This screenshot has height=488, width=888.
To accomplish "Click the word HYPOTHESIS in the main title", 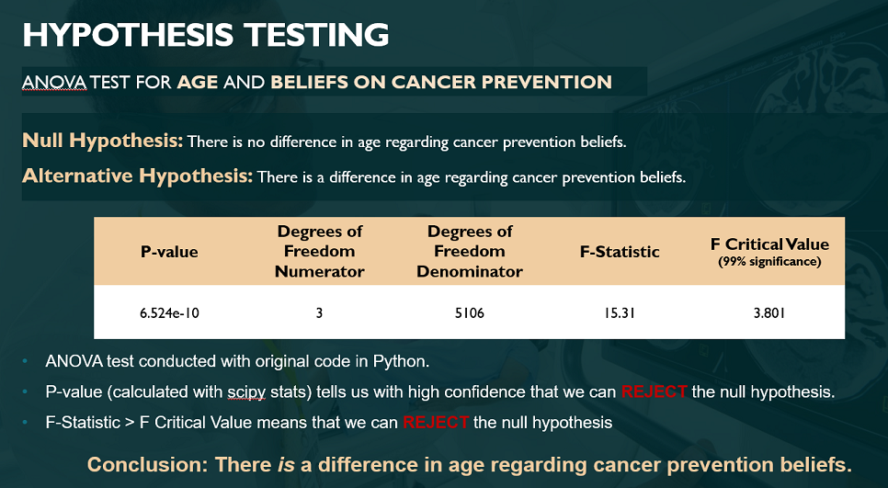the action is [128, 35].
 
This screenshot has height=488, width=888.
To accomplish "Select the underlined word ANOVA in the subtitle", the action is [54, 82].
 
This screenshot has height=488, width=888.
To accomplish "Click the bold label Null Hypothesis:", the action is [103, 141].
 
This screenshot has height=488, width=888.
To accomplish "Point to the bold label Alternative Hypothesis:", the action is [137, 176].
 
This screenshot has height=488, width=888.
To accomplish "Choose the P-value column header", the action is [169, 252].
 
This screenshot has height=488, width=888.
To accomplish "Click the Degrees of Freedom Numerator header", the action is [319, 252].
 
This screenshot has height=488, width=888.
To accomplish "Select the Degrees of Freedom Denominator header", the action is [470, 252].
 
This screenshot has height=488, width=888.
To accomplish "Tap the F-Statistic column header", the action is [620, 252].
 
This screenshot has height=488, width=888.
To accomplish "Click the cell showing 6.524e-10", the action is [169, 312].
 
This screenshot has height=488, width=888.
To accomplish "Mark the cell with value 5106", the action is [470, 312].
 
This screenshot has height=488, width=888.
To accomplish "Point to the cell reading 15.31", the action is [620, 312].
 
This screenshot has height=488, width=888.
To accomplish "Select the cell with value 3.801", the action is [769, 312].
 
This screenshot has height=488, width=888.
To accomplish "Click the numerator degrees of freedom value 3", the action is [319, 312].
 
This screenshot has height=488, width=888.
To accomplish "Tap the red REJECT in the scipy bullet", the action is [655, 392].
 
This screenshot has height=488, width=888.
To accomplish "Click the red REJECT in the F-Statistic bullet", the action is [436, 423].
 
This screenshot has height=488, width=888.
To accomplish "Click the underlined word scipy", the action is [246, 392].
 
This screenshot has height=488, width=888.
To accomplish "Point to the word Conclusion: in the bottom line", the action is [148, 465].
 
